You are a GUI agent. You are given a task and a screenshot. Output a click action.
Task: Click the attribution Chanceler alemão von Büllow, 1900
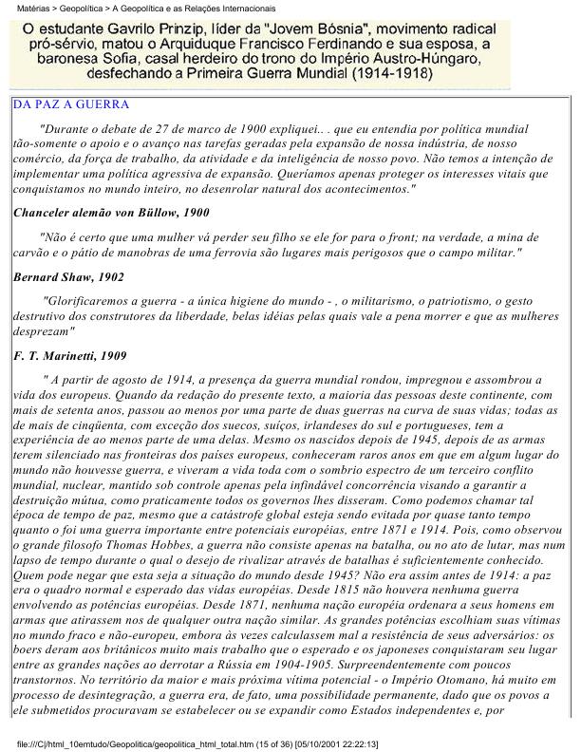click(x=109, y=213)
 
